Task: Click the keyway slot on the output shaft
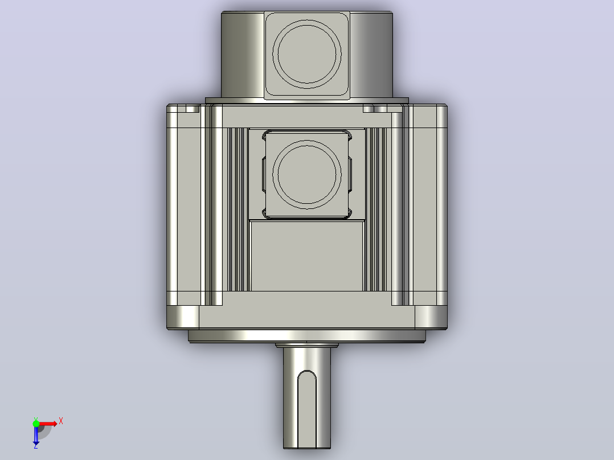point(307,409)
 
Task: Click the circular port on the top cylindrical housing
point(307,55)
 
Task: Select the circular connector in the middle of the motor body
point(307,175)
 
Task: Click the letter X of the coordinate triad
point(61,421)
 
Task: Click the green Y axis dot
point(36,424)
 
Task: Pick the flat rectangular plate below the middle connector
point(307,256)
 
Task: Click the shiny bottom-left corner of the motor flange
point(183,317)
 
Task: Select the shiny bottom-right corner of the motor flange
point(431,317)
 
